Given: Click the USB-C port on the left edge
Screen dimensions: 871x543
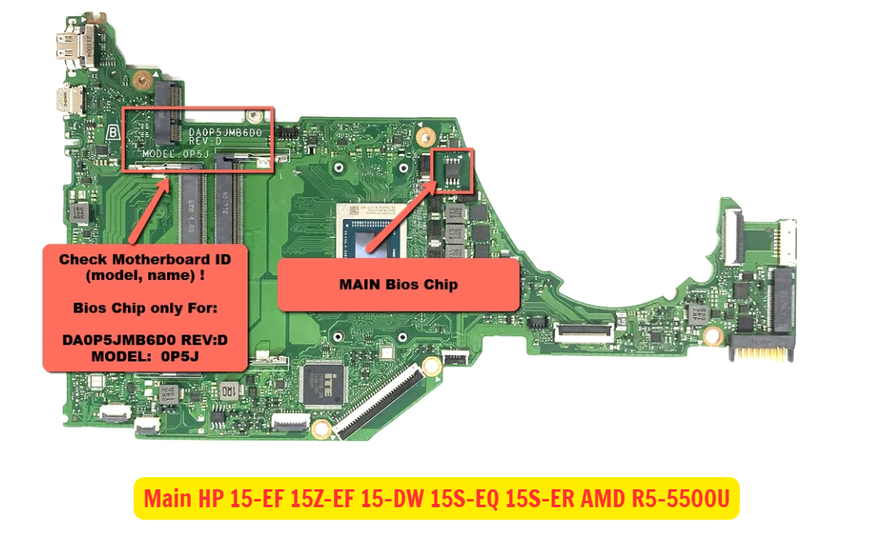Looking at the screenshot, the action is [68, 101].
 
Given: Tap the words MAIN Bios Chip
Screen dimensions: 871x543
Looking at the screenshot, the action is [398, 285].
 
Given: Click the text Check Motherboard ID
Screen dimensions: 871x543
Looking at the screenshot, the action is [145, 259].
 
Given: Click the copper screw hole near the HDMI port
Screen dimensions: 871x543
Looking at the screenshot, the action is [142, 79].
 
